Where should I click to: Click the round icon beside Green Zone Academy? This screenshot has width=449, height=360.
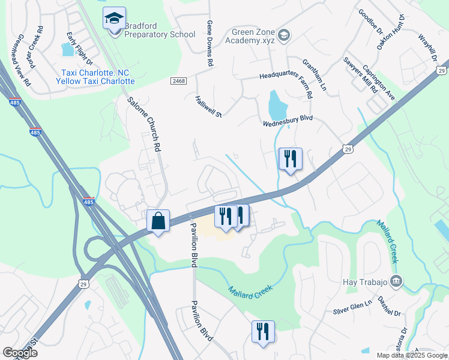[284, 35]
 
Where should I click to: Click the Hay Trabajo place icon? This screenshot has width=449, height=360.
[396, 280]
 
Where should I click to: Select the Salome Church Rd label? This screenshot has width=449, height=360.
[145, 122]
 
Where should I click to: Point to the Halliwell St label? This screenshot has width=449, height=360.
[209, 106]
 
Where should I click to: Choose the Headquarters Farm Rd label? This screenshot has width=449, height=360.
[286, 77]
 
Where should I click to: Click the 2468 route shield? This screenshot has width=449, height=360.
[178, 80]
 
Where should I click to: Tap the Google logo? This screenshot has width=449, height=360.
[20, 352]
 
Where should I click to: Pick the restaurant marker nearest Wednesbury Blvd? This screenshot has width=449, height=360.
[291, 159]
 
